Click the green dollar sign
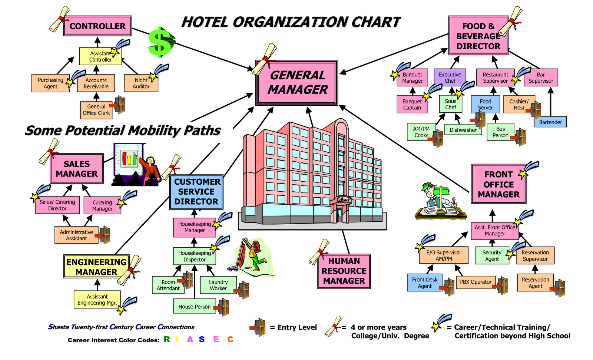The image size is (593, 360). [161, 42]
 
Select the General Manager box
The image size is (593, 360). [297, 83]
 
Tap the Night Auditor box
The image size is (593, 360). [141, 83]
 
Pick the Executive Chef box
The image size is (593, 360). [450, 77]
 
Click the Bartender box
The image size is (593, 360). [550, 122]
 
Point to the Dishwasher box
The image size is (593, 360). [463, 130]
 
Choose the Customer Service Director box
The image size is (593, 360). [196, 192]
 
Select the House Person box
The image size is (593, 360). [195, 307]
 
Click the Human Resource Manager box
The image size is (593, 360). [344, 271]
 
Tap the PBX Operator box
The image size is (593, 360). [476, 282]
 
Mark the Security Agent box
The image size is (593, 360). [492, 256]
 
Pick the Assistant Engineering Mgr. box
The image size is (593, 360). [97, 300]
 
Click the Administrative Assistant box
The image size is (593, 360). [76, 235]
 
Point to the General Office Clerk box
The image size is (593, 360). [96, 110]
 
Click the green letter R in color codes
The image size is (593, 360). [167, 339]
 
